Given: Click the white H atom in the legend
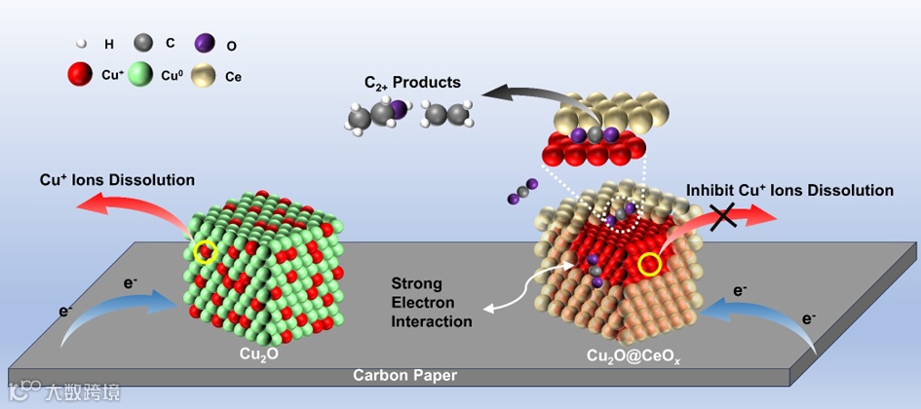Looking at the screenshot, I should (x=82, y=43).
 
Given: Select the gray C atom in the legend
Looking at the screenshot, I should (x=144, y=42).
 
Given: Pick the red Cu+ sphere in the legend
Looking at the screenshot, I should (x=80, y=74).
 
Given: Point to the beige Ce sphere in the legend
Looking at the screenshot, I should (x=206, y=75).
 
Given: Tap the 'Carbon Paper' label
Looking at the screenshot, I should (x=404, y=375).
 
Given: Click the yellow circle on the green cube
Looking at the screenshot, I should (x=205, y=253).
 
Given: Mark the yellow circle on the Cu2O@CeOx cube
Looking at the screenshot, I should (x=650, y=263).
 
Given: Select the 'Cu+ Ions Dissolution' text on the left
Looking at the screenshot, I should (x=117, y=180).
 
